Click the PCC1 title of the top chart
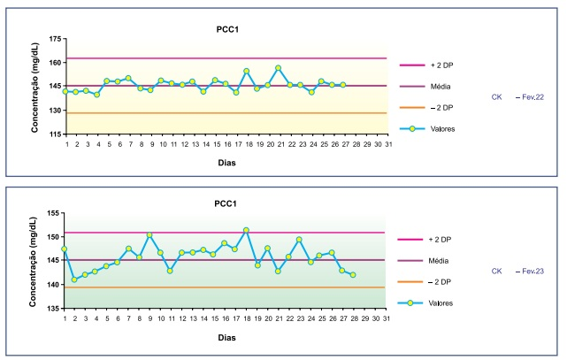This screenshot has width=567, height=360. point(226,28)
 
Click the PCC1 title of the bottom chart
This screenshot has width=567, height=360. point(226,203)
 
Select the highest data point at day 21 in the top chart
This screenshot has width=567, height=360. point(279,68)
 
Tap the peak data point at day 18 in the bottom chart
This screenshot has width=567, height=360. point(246,230)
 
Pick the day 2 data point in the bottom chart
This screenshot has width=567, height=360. point(74,280)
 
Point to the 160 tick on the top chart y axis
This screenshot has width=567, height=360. point(55,63)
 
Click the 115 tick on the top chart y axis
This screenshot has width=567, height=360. point(55,134)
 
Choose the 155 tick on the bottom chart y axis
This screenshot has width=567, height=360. point(55,213)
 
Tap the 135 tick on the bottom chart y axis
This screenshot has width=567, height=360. point(55,310)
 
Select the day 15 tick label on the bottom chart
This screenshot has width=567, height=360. point(214,318)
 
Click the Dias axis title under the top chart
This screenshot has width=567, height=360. point(226,162)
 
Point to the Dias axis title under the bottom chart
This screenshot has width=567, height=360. point(226,337)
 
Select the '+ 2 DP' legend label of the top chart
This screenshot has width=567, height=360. point(443,65)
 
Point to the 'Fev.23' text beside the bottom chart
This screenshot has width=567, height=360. point(531,271)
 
